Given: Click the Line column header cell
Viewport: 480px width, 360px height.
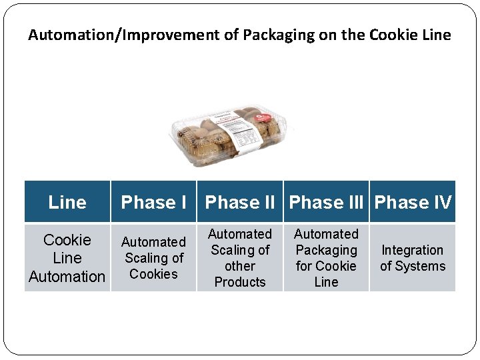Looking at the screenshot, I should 67,202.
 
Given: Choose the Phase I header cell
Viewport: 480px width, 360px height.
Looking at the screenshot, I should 153,202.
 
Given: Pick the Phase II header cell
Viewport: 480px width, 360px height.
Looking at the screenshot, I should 240,202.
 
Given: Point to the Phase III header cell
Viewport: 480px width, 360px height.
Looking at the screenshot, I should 327,202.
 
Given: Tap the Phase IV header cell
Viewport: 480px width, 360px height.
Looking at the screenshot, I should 413,202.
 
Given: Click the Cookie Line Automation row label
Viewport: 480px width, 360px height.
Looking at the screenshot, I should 67,258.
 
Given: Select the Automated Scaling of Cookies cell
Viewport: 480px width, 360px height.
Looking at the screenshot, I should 153,258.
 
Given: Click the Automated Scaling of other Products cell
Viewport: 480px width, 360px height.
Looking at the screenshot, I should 240,258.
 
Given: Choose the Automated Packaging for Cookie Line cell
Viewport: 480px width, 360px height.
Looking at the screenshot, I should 327,258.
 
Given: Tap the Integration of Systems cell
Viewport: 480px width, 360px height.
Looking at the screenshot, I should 413,258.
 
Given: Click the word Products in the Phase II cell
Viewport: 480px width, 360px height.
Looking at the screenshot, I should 240,282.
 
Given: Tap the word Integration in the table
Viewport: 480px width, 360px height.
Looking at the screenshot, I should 413,250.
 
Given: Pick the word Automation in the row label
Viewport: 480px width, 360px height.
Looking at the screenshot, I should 67,277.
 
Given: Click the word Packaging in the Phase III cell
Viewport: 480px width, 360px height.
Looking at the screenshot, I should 327,250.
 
